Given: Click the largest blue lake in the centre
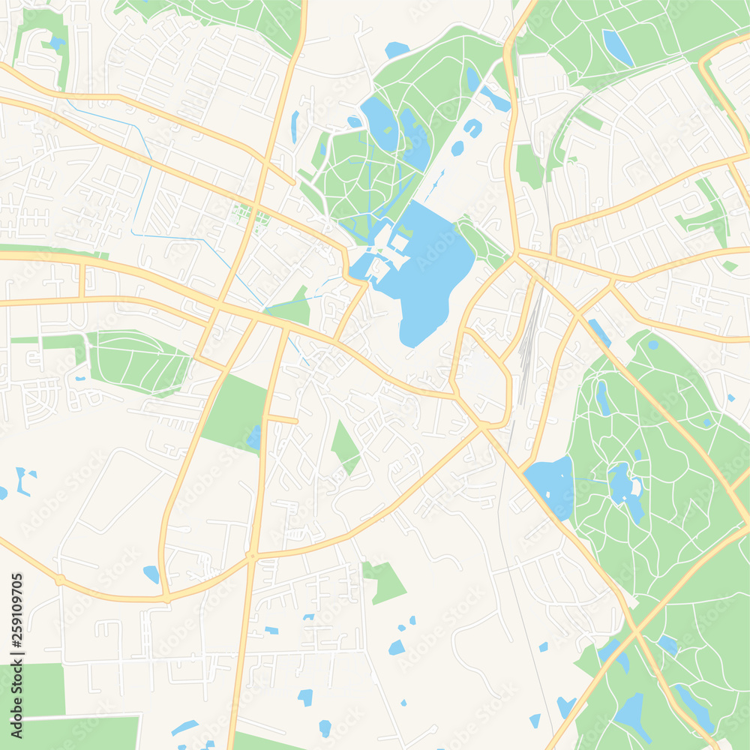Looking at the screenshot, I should [431, 277].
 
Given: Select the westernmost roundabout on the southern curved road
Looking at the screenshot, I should [59, 580].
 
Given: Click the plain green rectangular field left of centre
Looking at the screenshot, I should [233, 412].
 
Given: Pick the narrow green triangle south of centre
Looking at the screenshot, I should [345, 446].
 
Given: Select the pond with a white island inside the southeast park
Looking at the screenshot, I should [627, 487].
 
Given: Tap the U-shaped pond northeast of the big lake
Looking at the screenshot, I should [472, 127].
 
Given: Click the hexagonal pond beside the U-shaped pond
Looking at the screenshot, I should [457, 148].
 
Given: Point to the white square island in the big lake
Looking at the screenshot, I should [399, 242].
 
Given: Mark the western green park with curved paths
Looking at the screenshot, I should [139, 361].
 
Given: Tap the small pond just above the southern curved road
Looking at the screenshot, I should [151, 574].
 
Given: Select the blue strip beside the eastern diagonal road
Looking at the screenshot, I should [599, 332].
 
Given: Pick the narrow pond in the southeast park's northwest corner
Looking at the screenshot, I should [602, 397].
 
